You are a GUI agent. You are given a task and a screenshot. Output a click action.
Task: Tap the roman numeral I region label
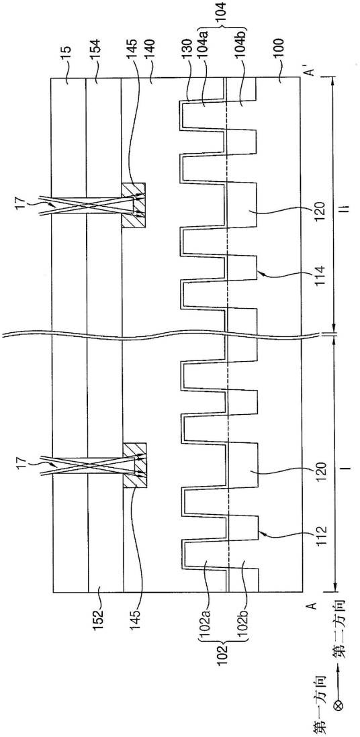coord(347,469)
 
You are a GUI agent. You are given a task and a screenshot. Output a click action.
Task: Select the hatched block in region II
coord(134,205)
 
